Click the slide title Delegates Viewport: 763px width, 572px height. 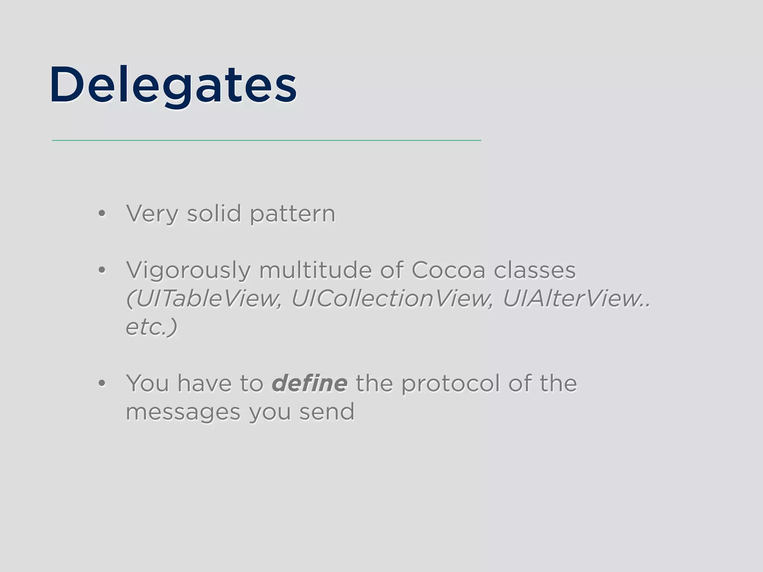[x=173, y=85]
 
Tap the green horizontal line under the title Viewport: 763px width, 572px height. [x=266, y=140]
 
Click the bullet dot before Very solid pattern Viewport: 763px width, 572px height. [x=102, y=214]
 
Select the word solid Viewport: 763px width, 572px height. [x=214, y=214]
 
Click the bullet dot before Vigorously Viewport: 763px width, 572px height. [x=102, y=270]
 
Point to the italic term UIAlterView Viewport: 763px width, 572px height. [x=572, y=299]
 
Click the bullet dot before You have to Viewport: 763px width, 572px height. [x=102, y=384]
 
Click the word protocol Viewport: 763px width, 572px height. [x=450, y=384]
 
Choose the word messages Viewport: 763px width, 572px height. [x=183, y=412]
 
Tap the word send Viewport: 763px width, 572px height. [x=327, y=412]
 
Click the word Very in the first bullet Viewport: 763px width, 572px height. [x=152, y=214]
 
